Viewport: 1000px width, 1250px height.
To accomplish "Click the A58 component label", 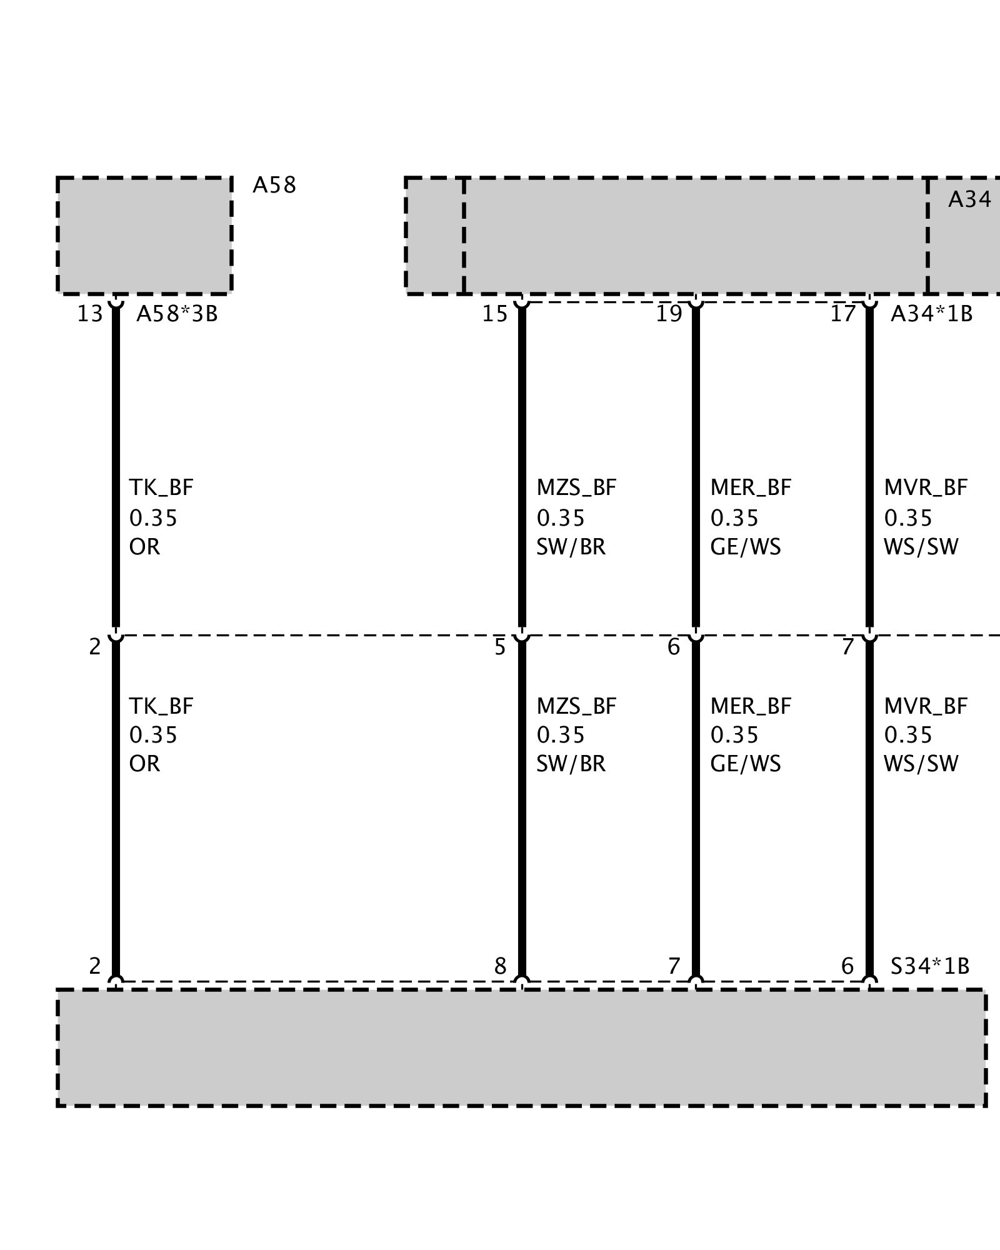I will coord(274,186).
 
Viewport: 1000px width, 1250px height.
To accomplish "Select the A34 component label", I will coord(969,200).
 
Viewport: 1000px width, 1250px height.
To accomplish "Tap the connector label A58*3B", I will coord(177,314).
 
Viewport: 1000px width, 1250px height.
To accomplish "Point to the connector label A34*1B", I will coord(931,314).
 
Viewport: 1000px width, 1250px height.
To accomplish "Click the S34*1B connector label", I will coord(929,966).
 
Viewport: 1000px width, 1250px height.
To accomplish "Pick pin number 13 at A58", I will coord(89,314).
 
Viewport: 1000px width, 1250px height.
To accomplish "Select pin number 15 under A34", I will coord(494,314).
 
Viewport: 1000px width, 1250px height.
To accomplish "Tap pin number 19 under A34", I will coord(668,314).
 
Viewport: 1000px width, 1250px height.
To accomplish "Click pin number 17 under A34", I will coord(842,314).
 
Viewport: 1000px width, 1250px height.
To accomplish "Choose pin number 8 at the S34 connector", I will coord(500,966).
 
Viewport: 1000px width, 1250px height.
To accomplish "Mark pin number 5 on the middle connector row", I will coord(500,647).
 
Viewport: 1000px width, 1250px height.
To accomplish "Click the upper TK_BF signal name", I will coord(161,487).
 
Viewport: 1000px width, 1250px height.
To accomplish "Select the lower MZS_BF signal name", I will coord(576,706).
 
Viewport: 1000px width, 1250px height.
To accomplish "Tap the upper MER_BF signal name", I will coord(751,487).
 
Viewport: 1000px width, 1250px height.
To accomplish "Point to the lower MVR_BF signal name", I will coord(926,706).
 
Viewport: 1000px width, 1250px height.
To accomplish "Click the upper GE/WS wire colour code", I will coord(746,547).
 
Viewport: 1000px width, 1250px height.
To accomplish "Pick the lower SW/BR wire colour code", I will coord(571,764).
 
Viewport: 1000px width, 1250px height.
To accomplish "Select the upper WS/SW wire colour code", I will coord(921,547).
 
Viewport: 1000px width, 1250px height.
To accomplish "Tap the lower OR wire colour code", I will coord(144,764).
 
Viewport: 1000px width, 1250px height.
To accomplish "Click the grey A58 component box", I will coord(144,235).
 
